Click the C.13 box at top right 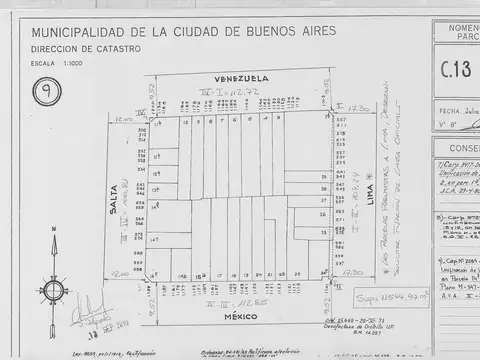tap(457, 71)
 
